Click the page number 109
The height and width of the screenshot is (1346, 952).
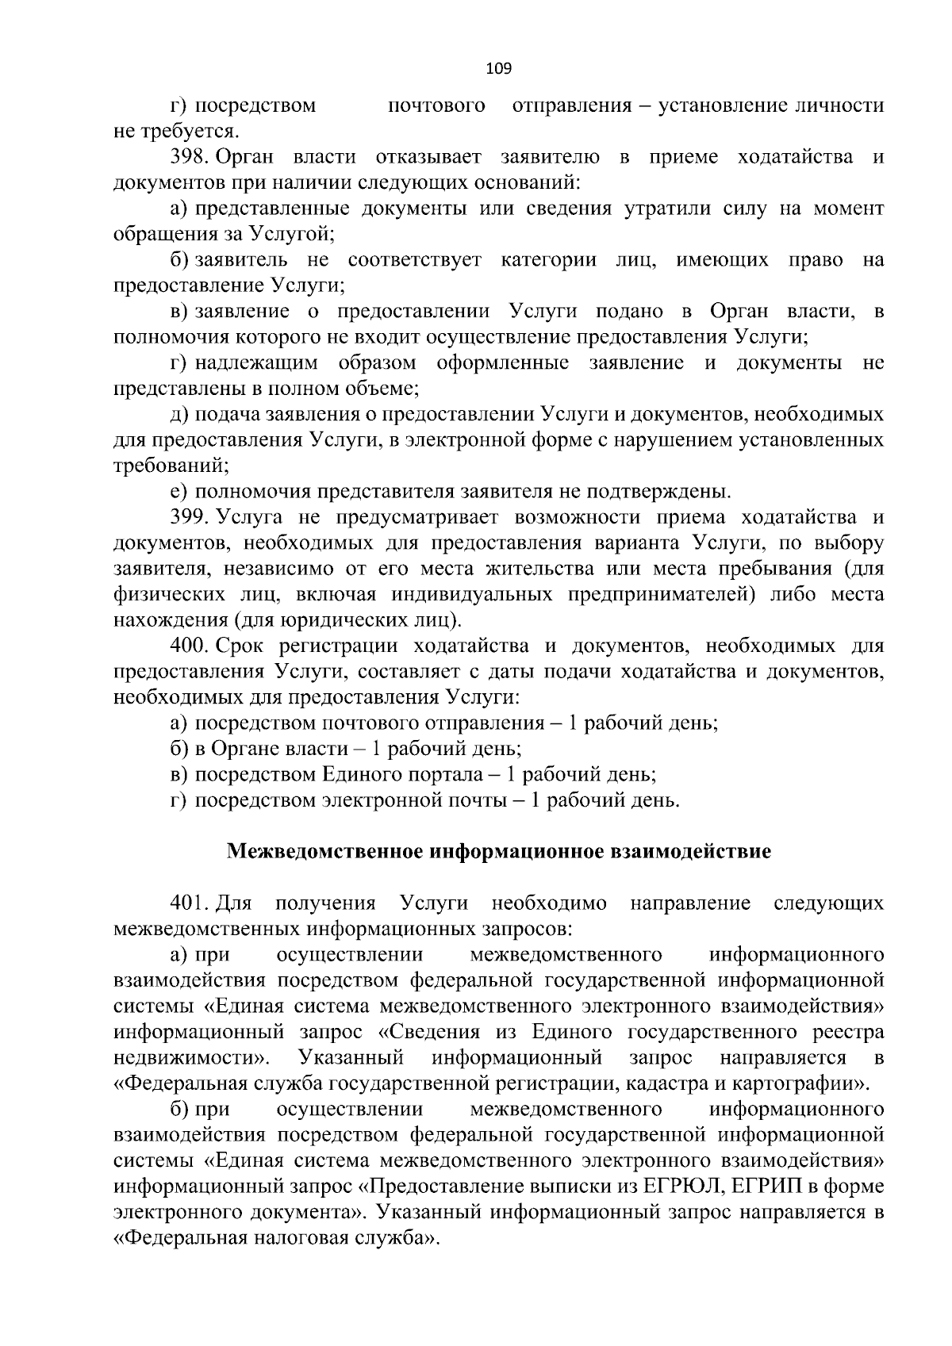click(499, 69)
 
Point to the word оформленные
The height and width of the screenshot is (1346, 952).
click(502, 363)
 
